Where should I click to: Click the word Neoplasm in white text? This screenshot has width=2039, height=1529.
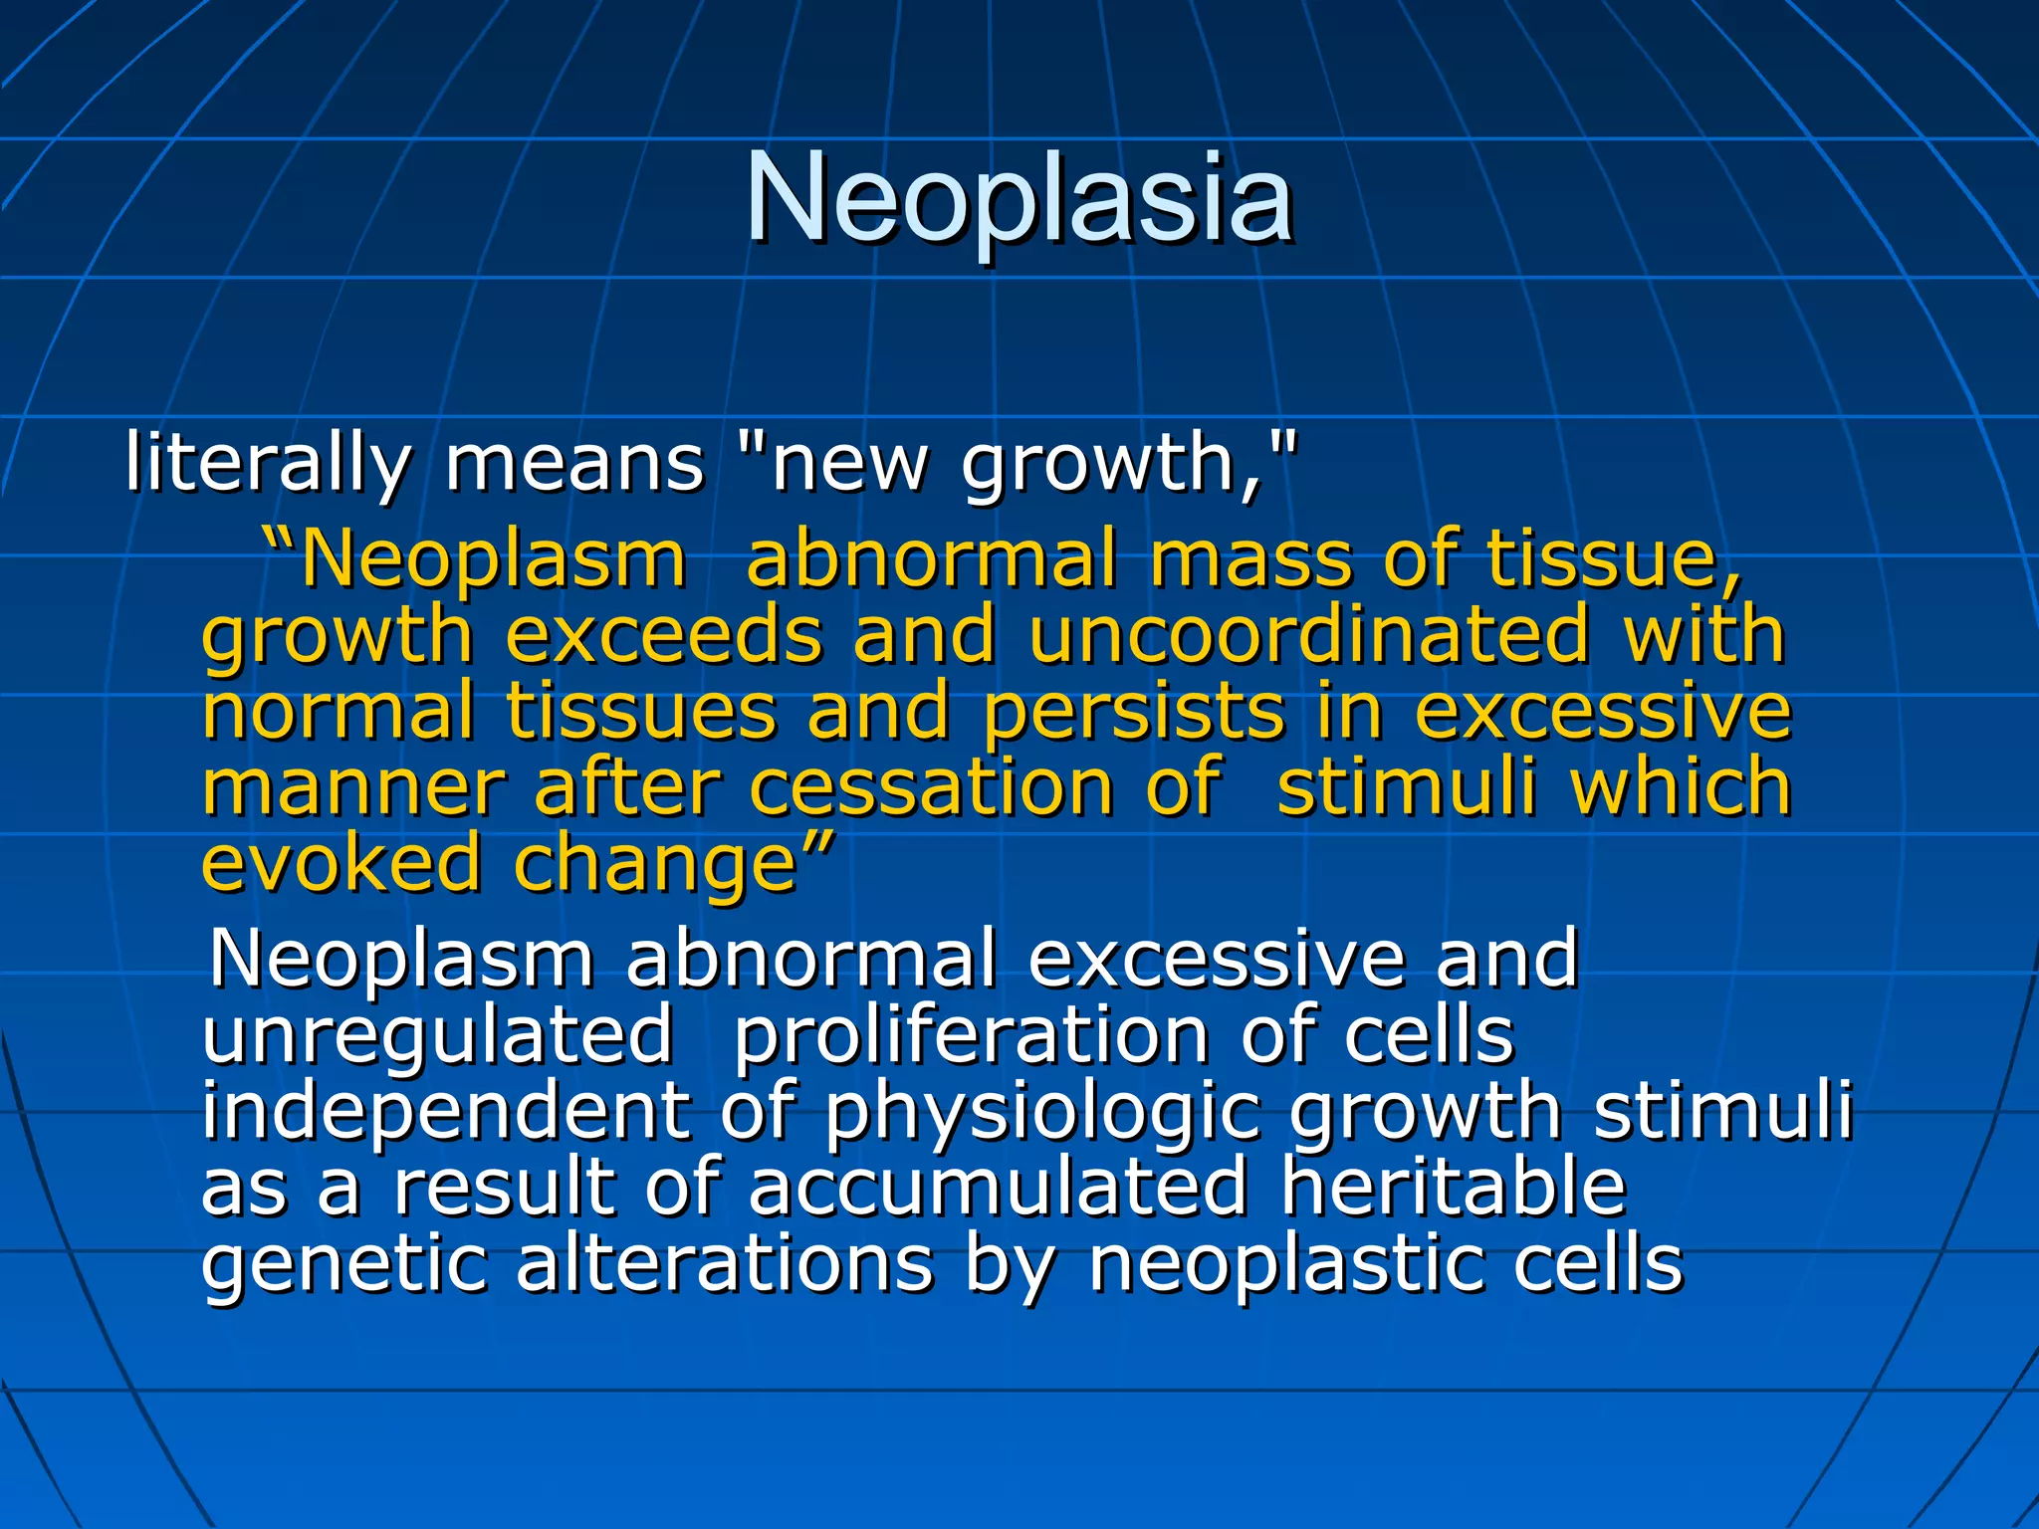pos(401,959)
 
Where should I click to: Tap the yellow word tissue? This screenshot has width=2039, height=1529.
pos(1615,559)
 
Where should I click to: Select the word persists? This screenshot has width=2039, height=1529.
pos(1134,712)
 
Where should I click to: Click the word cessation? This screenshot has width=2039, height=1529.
pos(931,787)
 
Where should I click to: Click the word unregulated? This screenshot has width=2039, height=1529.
pos(437,1035)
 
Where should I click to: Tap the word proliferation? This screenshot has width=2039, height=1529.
pos(971,1035)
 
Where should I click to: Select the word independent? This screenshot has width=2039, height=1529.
pos(445,1112)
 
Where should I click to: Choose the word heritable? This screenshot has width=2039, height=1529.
pos(1454,1187)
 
